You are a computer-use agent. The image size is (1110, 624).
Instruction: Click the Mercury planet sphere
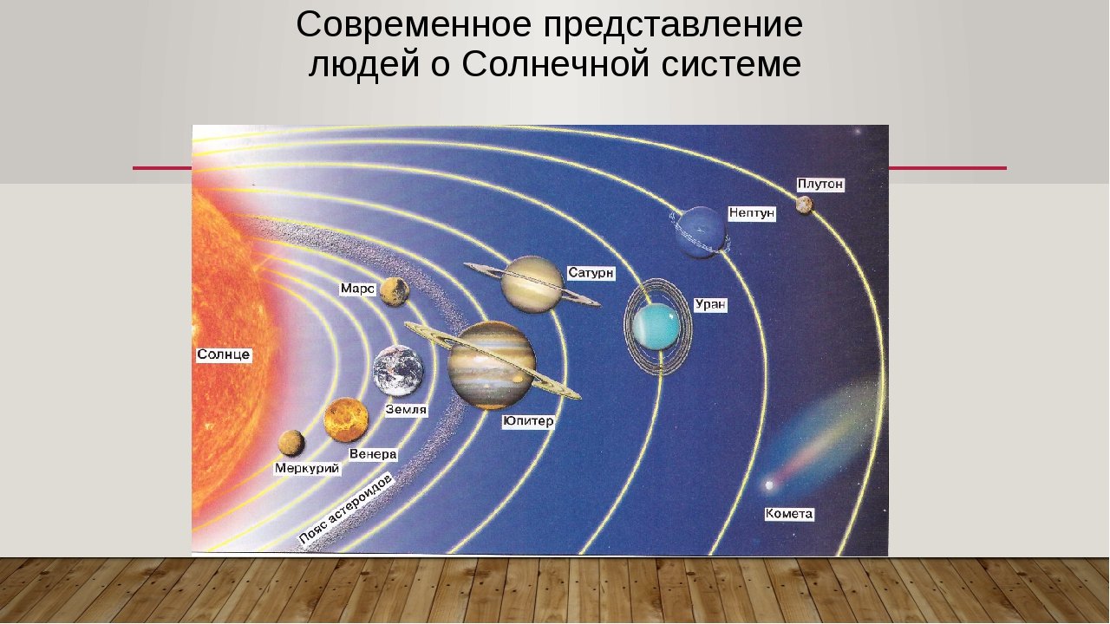291,442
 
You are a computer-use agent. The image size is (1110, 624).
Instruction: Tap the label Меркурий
307,468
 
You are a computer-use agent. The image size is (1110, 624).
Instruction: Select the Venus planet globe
346,419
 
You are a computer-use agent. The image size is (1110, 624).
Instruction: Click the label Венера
373,454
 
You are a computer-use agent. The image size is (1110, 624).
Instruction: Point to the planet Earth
398,370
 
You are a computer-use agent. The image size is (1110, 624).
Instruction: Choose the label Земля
406,410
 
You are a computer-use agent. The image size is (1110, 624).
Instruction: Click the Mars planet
395,291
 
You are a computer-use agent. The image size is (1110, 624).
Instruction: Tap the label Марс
358,289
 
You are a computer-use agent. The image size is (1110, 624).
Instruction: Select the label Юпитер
528,421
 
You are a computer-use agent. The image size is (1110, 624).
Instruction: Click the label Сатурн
591,272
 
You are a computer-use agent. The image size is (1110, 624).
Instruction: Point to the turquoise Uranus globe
656,326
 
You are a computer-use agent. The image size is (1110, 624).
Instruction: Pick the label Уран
710,304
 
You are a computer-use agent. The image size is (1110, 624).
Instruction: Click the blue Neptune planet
700,231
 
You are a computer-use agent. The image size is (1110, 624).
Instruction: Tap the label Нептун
752,213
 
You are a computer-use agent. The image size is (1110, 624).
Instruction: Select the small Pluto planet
804,204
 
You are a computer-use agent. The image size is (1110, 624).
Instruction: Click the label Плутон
820,185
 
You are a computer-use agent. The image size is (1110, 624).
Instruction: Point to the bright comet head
769,484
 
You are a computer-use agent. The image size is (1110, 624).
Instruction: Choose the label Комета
789,514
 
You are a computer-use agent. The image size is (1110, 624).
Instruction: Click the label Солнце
224,354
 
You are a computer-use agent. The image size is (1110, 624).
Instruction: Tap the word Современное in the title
414,24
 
